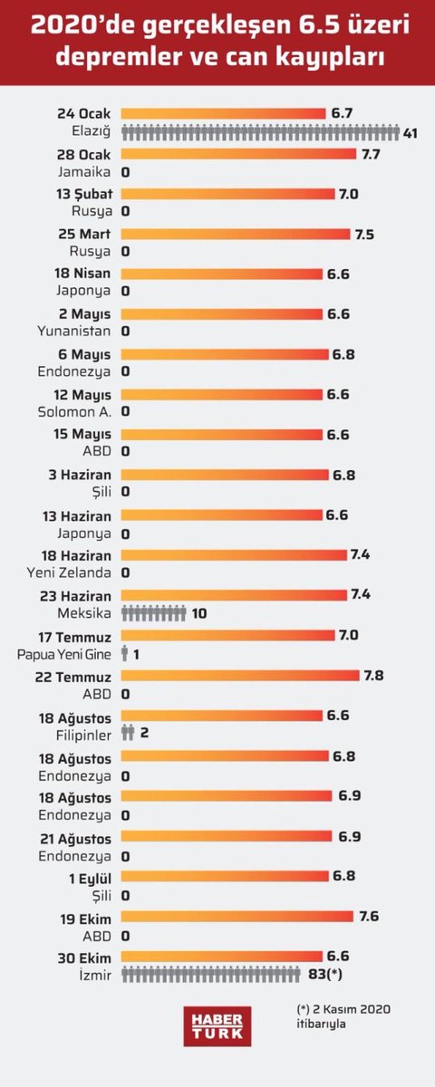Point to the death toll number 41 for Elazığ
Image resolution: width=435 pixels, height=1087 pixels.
pos(410,133)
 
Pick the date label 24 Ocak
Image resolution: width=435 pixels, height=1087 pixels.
pos(82,113)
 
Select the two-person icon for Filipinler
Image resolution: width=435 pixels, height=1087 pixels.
pos(128,732)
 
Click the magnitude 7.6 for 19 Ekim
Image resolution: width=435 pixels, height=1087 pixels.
pos(369,916)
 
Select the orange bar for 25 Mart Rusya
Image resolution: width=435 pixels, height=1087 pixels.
pos(235,234)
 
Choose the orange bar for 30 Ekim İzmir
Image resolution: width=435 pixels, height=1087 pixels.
pos(222,955)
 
